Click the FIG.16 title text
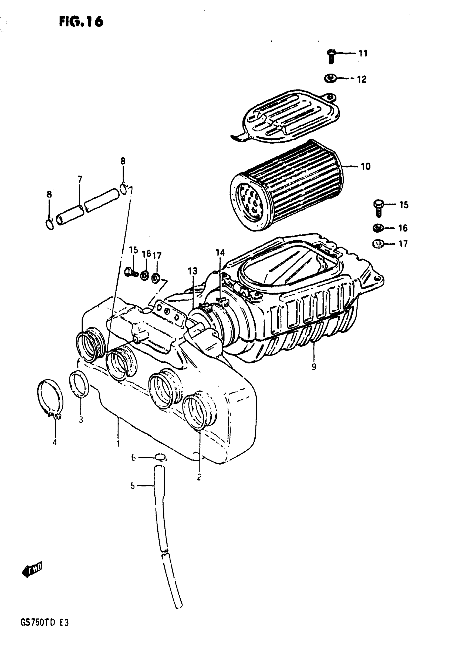[81, 22]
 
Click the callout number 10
[366, 166]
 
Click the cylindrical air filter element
[287, 185]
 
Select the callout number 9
[313, 367]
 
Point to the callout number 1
[118, 443]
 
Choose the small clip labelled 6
[161, 457]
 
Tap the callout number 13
[192, 271]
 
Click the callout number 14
[220, 253]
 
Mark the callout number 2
[199, 476]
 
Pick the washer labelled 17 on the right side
[378, 244]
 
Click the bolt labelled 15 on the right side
[378, 208]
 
